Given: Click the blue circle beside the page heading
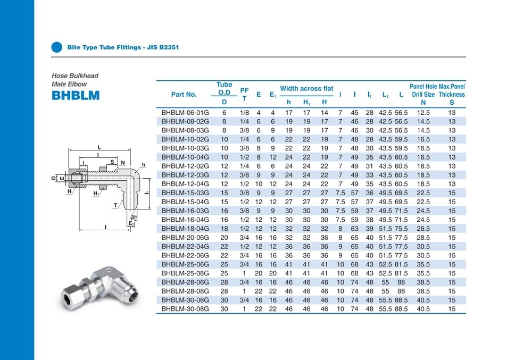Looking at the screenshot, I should click(56, 47).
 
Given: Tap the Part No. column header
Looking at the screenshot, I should click(184, 94).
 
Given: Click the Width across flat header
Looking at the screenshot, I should click(306, 88).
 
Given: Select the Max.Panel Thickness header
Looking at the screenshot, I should click(452, 90).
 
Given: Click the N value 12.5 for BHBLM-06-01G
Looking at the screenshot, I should click(423, 113).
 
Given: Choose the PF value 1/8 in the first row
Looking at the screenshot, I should click(244, 113).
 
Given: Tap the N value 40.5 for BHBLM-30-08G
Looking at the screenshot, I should click(423, 308).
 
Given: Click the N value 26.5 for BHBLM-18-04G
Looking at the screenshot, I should click(423, 228).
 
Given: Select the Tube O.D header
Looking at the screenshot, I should click(224, 88).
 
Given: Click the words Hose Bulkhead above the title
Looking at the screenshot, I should click(75, 76).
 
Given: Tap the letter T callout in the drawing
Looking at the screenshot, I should click(115, 205).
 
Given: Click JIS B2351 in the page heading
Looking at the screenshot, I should click(164, 47).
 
